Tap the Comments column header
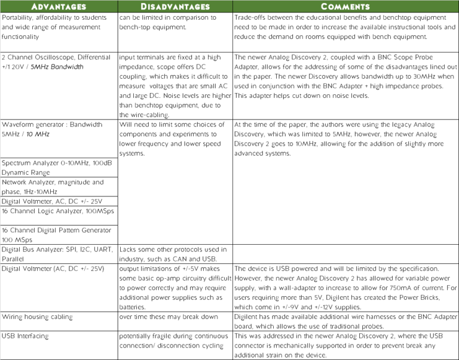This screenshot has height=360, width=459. coord(345,7)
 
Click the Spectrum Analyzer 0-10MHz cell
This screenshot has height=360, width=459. coord(59,167)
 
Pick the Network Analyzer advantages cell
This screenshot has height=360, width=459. coord(59,186)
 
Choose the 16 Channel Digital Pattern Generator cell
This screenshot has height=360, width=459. coord(59,235)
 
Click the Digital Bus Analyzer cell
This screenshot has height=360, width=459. coord(59,254)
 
